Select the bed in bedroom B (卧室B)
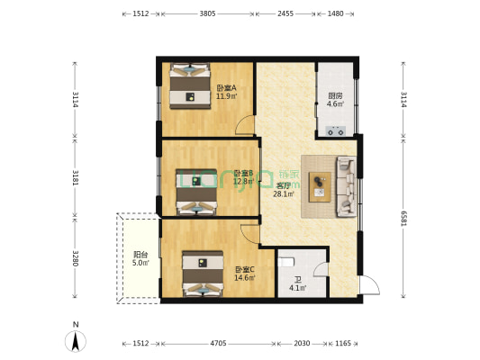[x=195, y=192]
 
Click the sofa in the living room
[x=346, y=187]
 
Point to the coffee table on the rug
[x=320, y=187]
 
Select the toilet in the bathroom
[x=285, y=261]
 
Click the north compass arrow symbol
[x=76, y=340]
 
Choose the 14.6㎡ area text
[x=245, y=278]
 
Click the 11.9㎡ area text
[x=226, y=96]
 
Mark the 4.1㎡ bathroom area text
[x=297, y=288]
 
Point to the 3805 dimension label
[x=207, y=14]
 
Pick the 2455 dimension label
[x=285, y=14]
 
